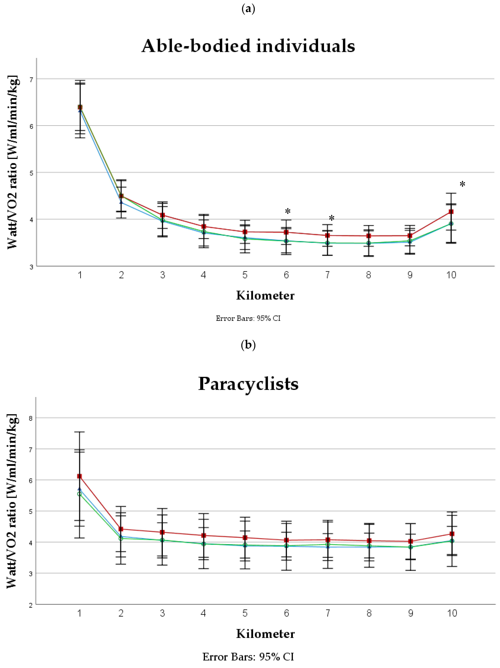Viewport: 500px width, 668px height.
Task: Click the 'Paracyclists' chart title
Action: click(248, 384)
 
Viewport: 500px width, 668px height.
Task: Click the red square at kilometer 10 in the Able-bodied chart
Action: click(451, 212)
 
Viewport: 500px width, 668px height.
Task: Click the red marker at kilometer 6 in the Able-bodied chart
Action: click(286, 232)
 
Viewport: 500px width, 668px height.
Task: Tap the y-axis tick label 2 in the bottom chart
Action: click(31, 605)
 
